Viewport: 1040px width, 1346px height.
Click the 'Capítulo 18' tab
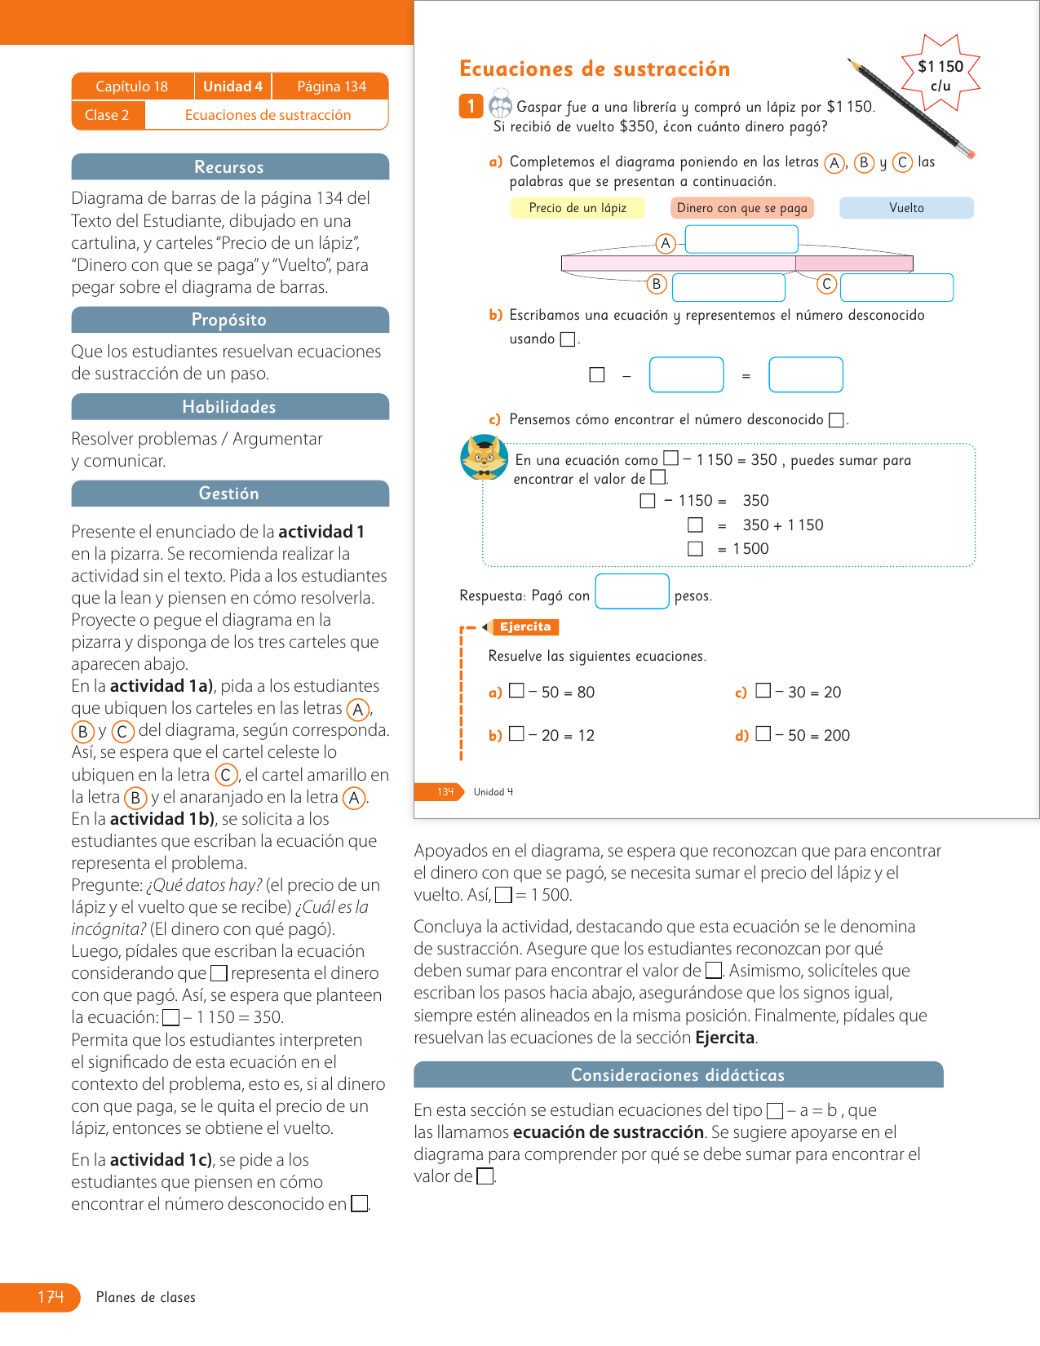pos(132,86)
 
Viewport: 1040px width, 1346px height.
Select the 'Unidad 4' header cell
pos(232,86)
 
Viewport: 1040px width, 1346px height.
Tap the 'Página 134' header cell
pos(331,86)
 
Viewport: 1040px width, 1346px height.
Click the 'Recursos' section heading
pos(229,167)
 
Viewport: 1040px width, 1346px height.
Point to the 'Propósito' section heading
pos(229,320)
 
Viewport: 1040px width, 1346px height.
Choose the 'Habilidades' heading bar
pos(229,407)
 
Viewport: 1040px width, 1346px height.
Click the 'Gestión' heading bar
pos(229,494)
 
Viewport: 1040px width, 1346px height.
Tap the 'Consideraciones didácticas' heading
pos(678,1075)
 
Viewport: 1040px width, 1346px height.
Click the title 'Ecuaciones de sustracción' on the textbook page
pos(595,69)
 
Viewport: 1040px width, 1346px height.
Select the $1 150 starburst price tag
pos(940,73)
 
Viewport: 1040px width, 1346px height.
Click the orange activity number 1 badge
pos(471,106)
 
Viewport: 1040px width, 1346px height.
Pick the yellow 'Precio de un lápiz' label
pos(578,208)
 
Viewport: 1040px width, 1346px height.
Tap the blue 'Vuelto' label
pos(906,208)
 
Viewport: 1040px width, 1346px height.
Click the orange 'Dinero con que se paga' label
pos(741,208)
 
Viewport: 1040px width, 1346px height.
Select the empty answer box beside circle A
pos(741,239)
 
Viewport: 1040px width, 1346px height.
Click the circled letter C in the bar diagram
pos(826,284)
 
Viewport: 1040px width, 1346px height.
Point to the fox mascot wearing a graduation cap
pos(484,457)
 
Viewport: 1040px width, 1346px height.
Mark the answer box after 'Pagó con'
pos(632,591)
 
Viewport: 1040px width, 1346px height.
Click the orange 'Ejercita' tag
pos(525,627)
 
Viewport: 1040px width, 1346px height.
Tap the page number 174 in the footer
pos(51,1297)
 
